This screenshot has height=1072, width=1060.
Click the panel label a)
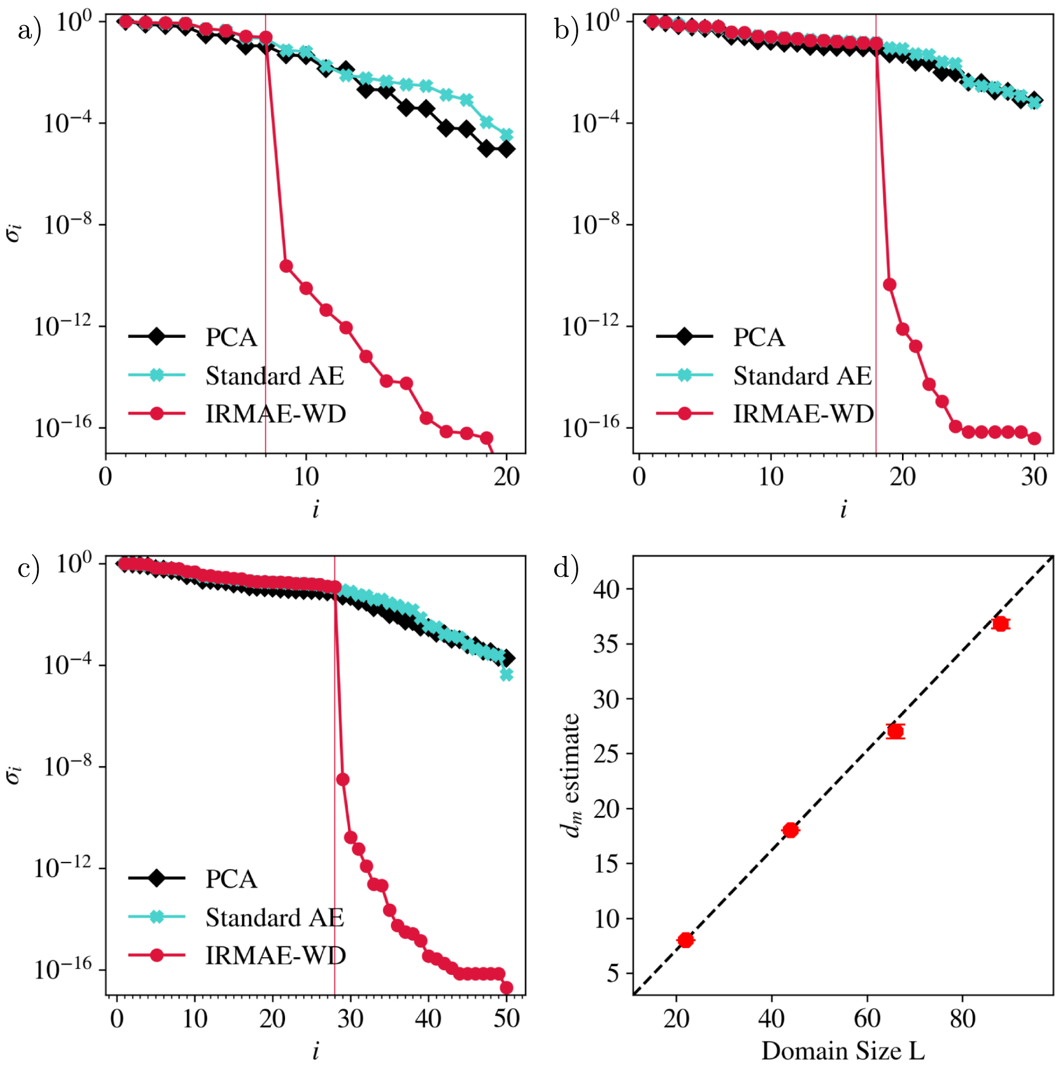tap(29, 29)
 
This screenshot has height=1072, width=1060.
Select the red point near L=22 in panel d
tap(686, 940)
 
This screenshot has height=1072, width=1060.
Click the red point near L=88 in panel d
tap(1000, 624)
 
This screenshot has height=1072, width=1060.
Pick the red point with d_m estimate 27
tap(895, 731)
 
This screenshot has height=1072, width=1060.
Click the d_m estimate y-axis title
tap(571, 775)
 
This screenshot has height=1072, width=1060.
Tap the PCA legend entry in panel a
tap(230, 337)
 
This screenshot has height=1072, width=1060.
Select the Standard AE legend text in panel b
tap(802, 375)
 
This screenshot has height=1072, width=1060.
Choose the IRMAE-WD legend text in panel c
tap(275, 955)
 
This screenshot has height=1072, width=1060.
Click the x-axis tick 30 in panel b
tap(1034, 477)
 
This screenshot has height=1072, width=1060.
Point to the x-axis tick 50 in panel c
tap(506, 1019)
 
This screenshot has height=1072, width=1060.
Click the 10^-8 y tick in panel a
tap(66, 224)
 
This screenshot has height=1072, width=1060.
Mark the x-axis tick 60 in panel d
tap(866, 1019)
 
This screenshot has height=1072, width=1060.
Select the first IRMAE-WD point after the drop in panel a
tap(286, 266)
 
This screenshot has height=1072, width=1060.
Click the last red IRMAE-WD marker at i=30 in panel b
tap(1034, 438)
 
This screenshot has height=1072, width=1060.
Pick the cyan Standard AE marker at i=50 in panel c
tap(506, 675)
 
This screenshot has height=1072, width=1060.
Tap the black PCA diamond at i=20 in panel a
tap(506, 149)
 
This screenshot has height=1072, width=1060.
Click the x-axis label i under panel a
tap(315, 509)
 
